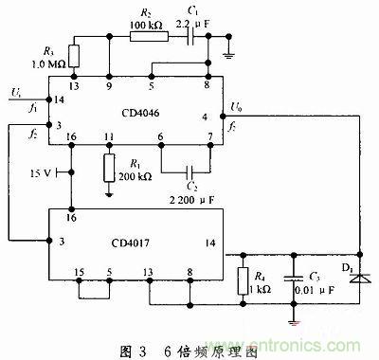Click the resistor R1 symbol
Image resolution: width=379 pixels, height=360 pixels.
click(111, 168)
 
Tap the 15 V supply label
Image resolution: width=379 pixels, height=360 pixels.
click(40, 173)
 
